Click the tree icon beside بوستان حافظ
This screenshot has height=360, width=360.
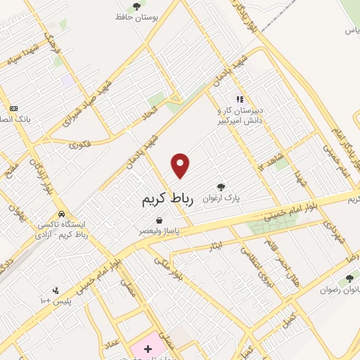[x=136, y=6]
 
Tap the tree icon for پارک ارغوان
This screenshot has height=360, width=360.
[x=221, y=188]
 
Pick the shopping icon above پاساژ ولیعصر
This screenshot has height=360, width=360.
[x=160, y=219]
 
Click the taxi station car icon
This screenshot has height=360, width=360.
[x=62, y=213]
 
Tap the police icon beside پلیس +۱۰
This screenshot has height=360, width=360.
[x=56, y=290]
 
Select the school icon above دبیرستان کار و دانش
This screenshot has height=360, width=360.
[x=240, y=99]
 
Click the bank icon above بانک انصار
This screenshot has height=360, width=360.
[x=13, y=108]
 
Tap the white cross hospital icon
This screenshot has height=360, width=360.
[x=147, y=349]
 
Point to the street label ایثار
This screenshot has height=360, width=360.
[x=217, y=245]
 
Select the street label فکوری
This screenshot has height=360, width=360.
[x=80, y=144]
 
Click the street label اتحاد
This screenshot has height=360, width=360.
[x=150, y=110]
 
